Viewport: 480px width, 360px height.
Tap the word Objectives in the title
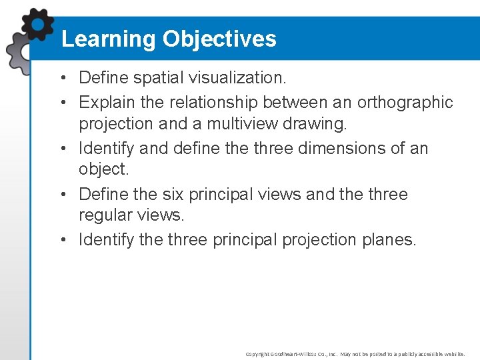coord(219,39)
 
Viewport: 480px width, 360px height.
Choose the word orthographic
coord(405,102)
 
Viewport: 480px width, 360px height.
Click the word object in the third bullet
coord(102,169)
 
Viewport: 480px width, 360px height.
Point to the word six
coord(173,194)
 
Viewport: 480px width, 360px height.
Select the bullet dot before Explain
coord(61,103)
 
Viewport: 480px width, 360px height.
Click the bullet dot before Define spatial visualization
coord(61,78)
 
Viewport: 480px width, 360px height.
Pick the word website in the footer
coord(453,354)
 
